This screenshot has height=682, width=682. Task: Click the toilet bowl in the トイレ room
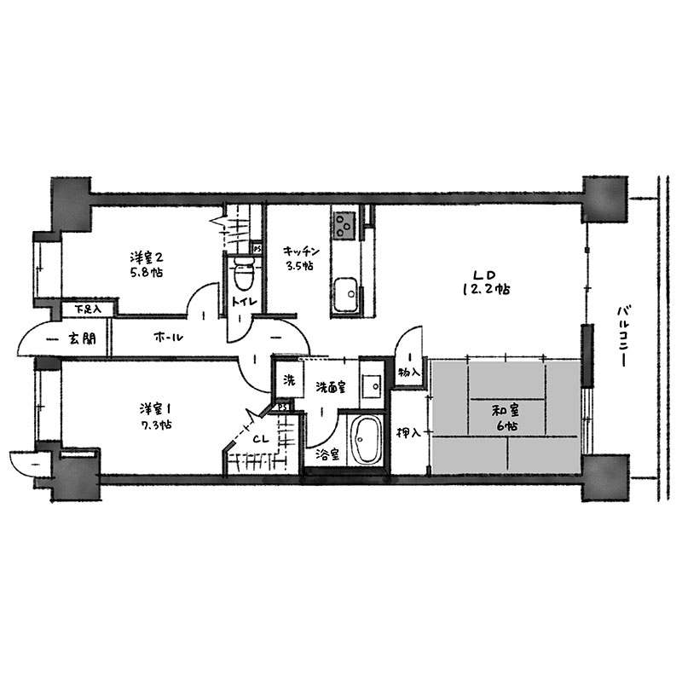click(244, 272)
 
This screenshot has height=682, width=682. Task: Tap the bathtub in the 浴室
click(365, 440)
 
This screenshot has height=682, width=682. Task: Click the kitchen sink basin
click(346, 294)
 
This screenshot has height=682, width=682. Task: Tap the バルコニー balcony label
click(622, 335)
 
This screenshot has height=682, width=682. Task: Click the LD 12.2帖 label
click(486, 282)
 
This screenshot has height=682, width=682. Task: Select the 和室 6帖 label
click(506, 418)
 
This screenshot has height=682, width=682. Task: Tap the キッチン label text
click(302, 251)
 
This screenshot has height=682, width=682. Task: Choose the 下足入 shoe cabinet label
click(88, 309)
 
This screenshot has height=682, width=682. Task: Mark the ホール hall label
click(168, 337)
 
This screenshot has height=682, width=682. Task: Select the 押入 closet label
click(409, 432)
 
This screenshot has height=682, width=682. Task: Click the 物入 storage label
click(409, 373)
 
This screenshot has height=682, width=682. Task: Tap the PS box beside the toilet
click(257, 249)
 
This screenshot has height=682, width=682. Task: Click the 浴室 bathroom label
click(327, 455)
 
